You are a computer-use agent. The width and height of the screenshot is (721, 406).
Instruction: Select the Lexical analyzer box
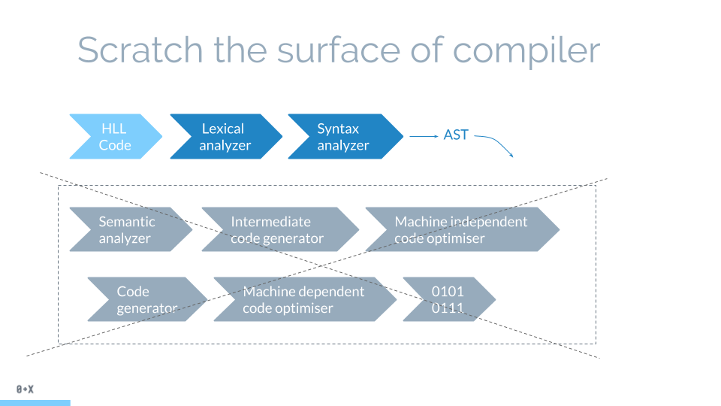(x=225, y=137)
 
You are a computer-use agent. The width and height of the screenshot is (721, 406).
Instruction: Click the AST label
(x=456, y=135)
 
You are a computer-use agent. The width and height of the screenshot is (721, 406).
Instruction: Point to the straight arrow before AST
(x=424, y=136)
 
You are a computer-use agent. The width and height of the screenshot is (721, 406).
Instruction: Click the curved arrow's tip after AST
(x=511, y=156)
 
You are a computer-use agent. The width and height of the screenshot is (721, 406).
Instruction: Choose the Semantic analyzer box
(x=128, y=229)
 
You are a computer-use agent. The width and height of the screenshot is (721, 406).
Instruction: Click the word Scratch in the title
(x=140, y=50)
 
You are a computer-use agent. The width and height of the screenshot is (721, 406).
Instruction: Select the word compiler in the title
(x=526, y=51)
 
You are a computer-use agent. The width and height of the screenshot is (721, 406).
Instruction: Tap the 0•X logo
(x=25, y=389)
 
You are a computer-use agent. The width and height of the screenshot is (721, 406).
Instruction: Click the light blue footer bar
(x=35, y=402)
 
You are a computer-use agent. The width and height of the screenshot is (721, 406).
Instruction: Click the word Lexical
(x=223, y=129)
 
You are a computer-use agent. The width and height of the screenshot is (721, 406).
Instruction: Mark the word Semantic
(x=127, y=222)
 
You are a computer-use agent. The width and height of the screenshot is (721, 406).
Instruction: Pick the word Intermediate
(x=270, y=222)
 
